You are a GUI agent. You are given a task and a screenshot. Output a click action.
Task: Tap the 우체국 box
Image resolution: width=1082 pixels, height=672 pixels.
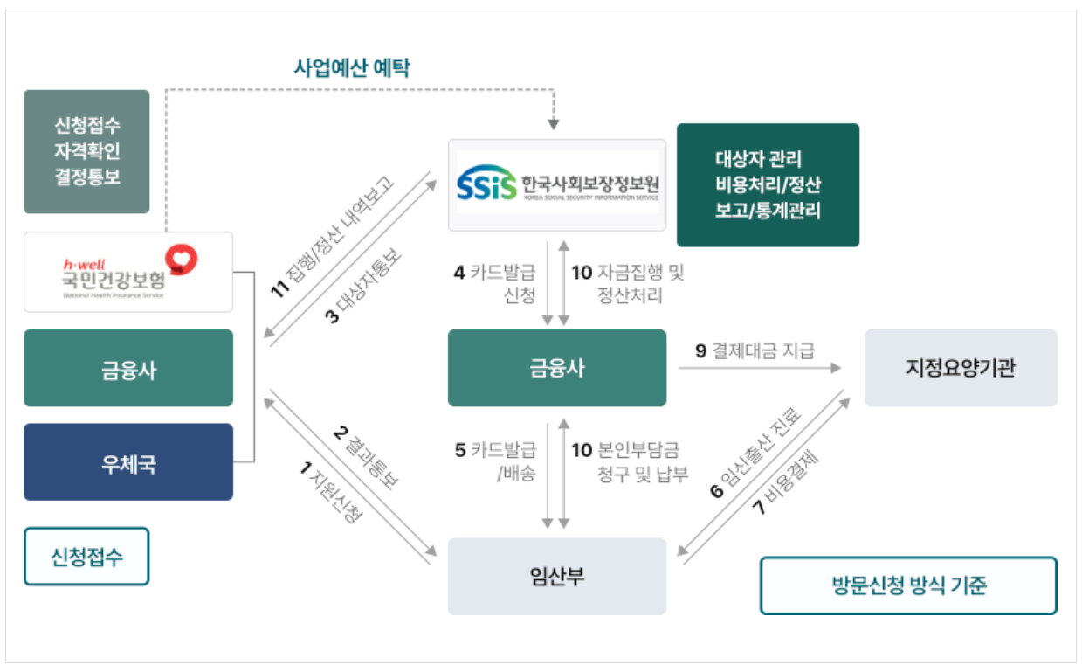[x=128, y=462]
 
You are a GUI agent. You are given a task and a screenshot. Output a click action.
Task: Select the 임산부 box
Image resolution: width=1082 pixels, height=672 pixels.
[x=556, y=576]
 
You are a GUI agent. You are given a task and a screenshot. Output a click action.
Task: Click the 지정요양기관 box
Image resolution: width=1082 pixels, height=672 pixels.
[x=960, y=368]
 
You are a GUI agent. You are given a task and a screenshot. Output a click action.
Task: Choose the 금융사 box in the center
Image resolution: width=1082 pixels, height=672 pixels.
[x=556, y=368]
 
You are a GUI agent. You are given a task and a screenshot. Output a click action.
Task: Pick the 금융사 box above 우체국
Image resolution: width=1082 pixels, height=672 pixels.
[x=128, y=368]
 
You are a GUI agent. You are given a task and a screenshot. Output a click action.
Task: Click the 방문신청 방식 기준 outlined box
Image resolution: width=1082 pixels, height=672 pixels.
[x=907, y=585]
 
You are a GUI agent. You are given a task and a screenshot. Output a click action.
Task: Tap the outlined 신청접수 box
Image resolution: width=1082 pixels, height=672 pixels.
[x=86, y=556]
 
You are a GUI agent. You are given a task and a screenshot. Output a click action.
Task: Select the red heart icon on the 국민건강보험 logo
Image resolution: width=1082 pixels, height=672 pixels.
[x=182, y=259]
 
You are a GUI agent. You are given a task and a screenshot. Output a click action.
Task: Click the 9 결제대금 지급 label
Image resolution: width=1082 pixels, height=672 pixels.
[x=755, y=351]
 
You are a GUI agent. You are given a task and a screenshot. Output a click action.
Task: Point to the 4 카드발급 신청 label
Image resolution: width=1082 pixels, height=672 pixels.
[x=494, y=284]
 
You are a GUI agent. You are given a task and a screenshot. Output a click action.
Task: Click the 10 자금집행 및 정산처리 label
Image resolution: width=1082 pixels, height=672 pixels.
[x=628, y=284]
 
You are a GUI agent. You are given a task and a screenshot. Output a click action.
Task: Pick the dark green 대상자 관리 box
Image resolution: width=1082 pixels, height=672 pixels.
[x=768, y=184]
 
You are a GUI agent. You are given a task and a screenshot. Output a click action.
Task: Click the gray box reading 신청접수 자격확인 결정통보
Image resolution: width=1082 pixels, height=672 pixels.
[x=86, y=151]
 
